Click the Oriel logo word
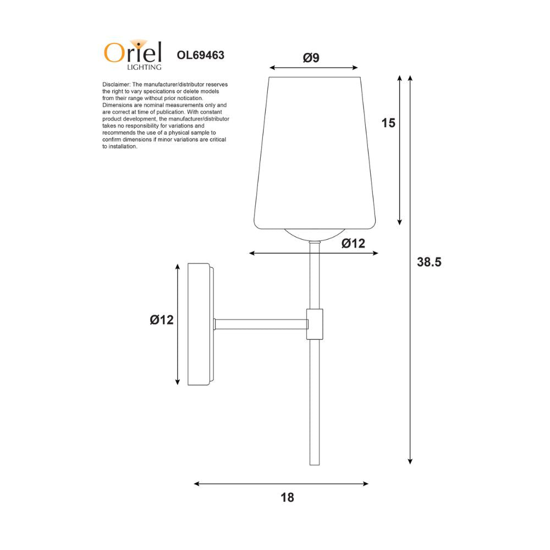pos(133,53)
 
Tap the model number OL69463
pos(200,55)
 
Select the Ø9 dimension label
pos(311,58)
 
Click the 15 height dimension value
pos(388,123)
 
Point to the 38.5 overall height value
pos(429,262)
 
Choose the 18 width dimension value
pos(287,498)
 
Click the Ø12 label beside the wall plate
pos(162,320)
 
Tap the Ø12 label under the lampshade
pos(353,244)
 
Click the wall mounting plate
pos(200,324)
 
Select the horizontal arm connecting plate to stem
pos(260,324)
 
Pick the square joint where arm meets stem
pos(315,324)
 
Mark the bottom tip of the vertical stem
pos(315,463)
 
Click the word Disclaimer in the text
pos(114,84)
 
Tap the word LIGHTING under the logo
pos(144,68)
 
